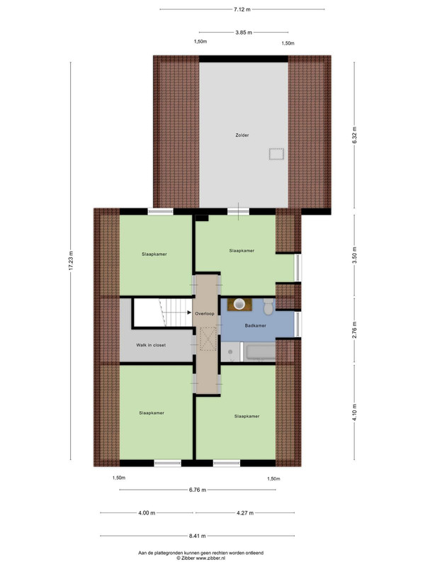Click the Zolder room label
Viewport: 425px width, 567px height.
click(x=242, y=135)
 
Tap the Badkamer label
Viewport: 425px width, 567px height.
click(x=255, y=325)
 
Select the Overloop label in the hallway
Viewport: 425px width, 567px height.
click(x=205, y=313)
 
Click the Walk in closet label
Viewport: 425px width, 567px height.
click(x=151, y=345)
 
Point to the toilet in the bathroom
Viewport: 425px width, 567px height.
click(x=268, y=306)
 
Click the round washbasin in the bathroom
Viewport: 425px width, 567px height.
click(x=239, y=304)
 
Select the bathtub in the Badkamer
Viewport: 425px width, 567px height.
click(x=260, y=352)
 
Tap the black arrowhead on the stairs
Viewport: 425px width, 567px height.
click(x=189, y=313)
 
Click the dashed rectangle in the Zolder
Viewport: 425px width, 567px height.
click(x=276, y=154)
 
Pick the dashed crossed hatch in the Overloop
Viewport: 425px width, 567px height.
click(x=208, y=339)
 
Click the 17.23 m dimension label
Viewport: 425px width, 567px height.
click(x=71, y=260)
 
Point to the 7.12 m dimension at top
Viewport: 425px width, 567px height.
click(x=242, y=9)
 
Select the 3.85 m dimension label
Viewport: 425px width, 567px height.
click(x=244, y=32)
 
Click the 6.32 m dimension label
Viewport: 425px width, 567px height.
click(x=355, y=135)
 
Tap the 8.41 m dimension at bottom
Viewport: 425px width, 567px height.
click(x=198, y=536)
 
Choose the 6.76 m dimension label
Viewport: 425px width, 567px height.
click(x=198, y=490)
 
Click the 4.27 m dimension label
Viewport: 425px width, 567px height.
click(x=245, y=512)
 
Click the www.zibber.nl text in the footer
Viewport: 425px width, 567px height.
click(x=210, y=558)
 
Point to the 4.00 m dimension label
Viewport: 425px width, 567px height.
click(x=147, y=512)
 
